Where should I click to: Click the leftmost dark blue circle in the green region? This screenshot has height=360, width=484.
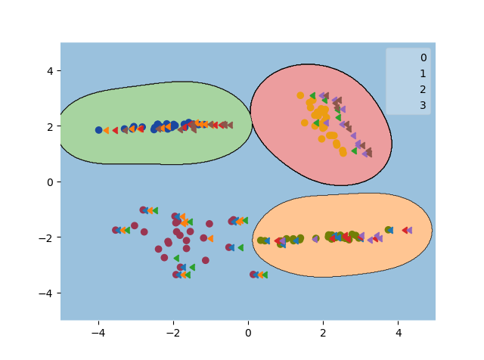(x=98, y=130)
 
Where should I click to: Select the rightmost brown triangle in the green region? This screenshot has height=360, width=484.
(x=229, y=125)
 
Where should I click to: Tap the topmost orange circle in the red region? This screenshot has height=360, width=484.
(x=300, y=95)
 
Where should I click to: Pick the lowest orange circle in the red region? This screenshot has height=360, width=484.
(x=343, y=153)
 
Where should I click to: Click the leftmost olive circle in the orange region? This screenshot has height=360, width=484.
(x=260, y=241)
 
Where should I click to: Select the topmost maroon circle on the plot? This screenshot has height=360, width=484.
(x=143, y=209)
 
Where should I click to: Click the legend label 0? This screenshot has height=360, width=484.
(x=423, y=57)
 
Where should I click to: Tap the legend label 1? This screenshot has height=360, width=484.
(x=423, y=73)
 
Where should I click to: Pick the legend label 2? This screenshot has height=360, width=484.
(x=423, y=89)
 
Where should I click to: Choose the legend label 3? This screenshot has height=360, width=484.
(x=423, y=105)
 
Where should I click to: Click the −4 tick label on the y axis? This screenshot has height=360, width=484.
(x=46, y=293)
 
